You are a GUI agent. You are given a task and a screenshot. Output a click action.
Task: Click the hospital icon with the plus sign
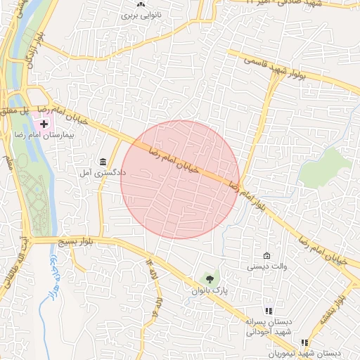point(44,124)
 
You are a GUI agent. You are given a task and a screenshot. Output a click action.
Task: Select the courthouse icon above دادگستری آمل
point(103,161)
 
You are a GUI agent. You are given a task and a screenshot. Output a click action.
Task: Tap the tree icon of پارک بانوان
point(210,279)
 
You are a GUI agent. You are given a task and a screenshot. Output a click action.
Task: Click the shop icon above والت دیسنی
point(266,256)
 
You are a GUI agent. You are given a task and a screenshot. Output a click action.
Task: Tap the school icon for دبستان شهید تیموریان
point(304,342)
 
